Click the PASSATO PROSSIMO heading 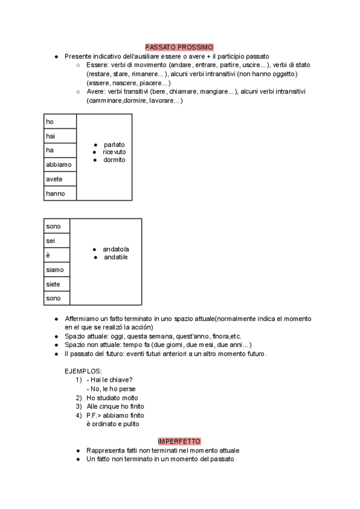coord(179,47)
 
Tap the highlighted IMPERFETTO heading coord(179,441)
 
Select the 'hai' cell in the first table coord(60,136)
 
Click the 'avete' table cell coord(60,179)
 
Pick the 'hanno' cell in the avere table coord(60,193)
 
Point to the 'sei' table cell coord(57,241)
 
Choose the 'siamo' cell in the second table coord(57,270)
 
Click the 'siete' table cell coord(57,284)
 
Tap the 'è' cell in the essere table coord(57,255)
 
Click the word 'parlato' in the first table coord(114,145)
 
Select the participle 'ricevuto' coord(114,152)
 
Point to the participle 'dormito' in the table coord(114,160)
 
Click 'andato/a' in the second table coord(116,249)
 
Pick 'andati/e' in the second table coord(115,258)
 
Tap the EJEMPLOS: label coord(83,372)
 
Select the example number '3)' coord(79,406)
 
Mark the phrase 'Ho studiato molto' coord(112,398)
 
